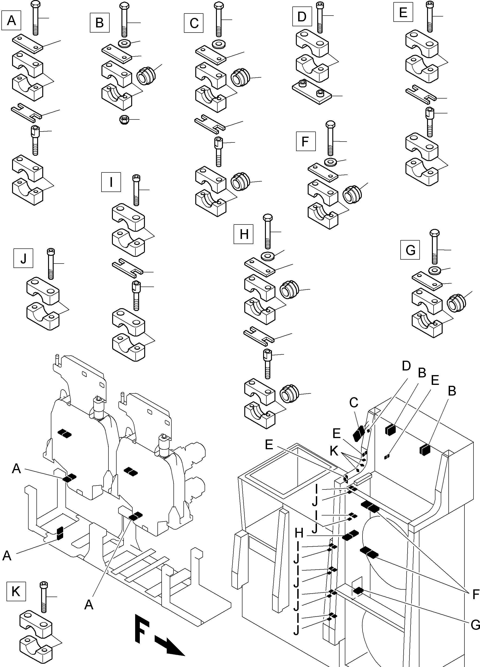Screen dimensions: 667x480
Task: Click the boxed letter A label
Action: point(11,20)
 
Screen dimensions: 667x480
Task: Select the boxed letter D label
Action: point(302,17)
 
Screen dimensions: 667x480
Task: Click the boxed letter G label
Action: point(410,250)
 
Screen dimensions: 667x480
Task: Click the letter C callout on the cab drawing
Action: point(354,403)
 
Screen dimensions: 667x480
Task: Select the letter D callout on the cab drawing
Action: point(406,366)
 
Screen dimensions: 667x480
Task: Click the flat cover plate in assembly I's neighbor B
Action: point(117,53)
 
